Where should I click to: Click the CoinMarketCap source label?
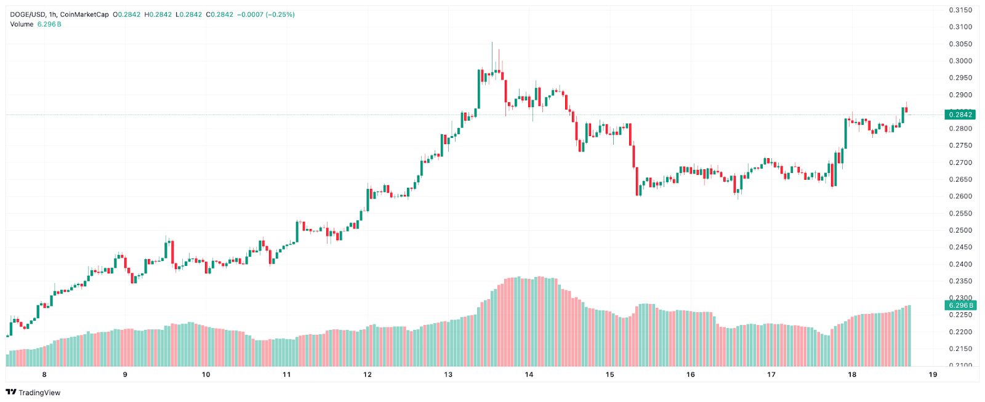coord(84,15)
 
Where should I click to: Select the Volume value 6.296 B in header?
coord(49,24)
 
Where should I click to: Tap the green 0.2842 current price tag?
coord(960,115)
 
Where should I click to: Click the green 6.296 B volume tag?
coord(960,305)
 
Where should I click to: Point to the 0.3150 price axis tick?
coord(960,10)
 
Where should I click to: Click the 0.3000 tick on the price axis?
coord(960,61)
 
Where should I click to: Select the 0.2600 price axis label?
coord(960,196)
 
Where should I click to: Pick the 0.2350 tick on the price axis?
coord(960,281)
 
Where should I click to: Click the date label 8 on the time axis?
coord(44,374)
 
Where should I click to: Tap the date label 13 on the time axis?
coord(448,374)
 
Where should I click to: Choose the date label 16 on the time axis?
coord(691,374)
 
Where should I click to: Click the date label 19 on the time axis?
coord(933,374)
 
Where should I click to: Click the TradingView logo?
coord(33,392)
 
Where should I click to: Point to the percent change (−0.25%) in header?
coord(280,15)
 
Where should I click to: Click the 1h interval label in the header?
coord(53,15)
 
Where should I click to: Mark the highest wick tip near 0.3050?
coord(491,43)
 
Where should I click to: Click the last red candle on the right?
coord(906,110)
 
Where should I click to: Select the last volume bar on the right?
coord(909,336)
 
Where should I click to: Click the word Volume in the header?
coord(22,24)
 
